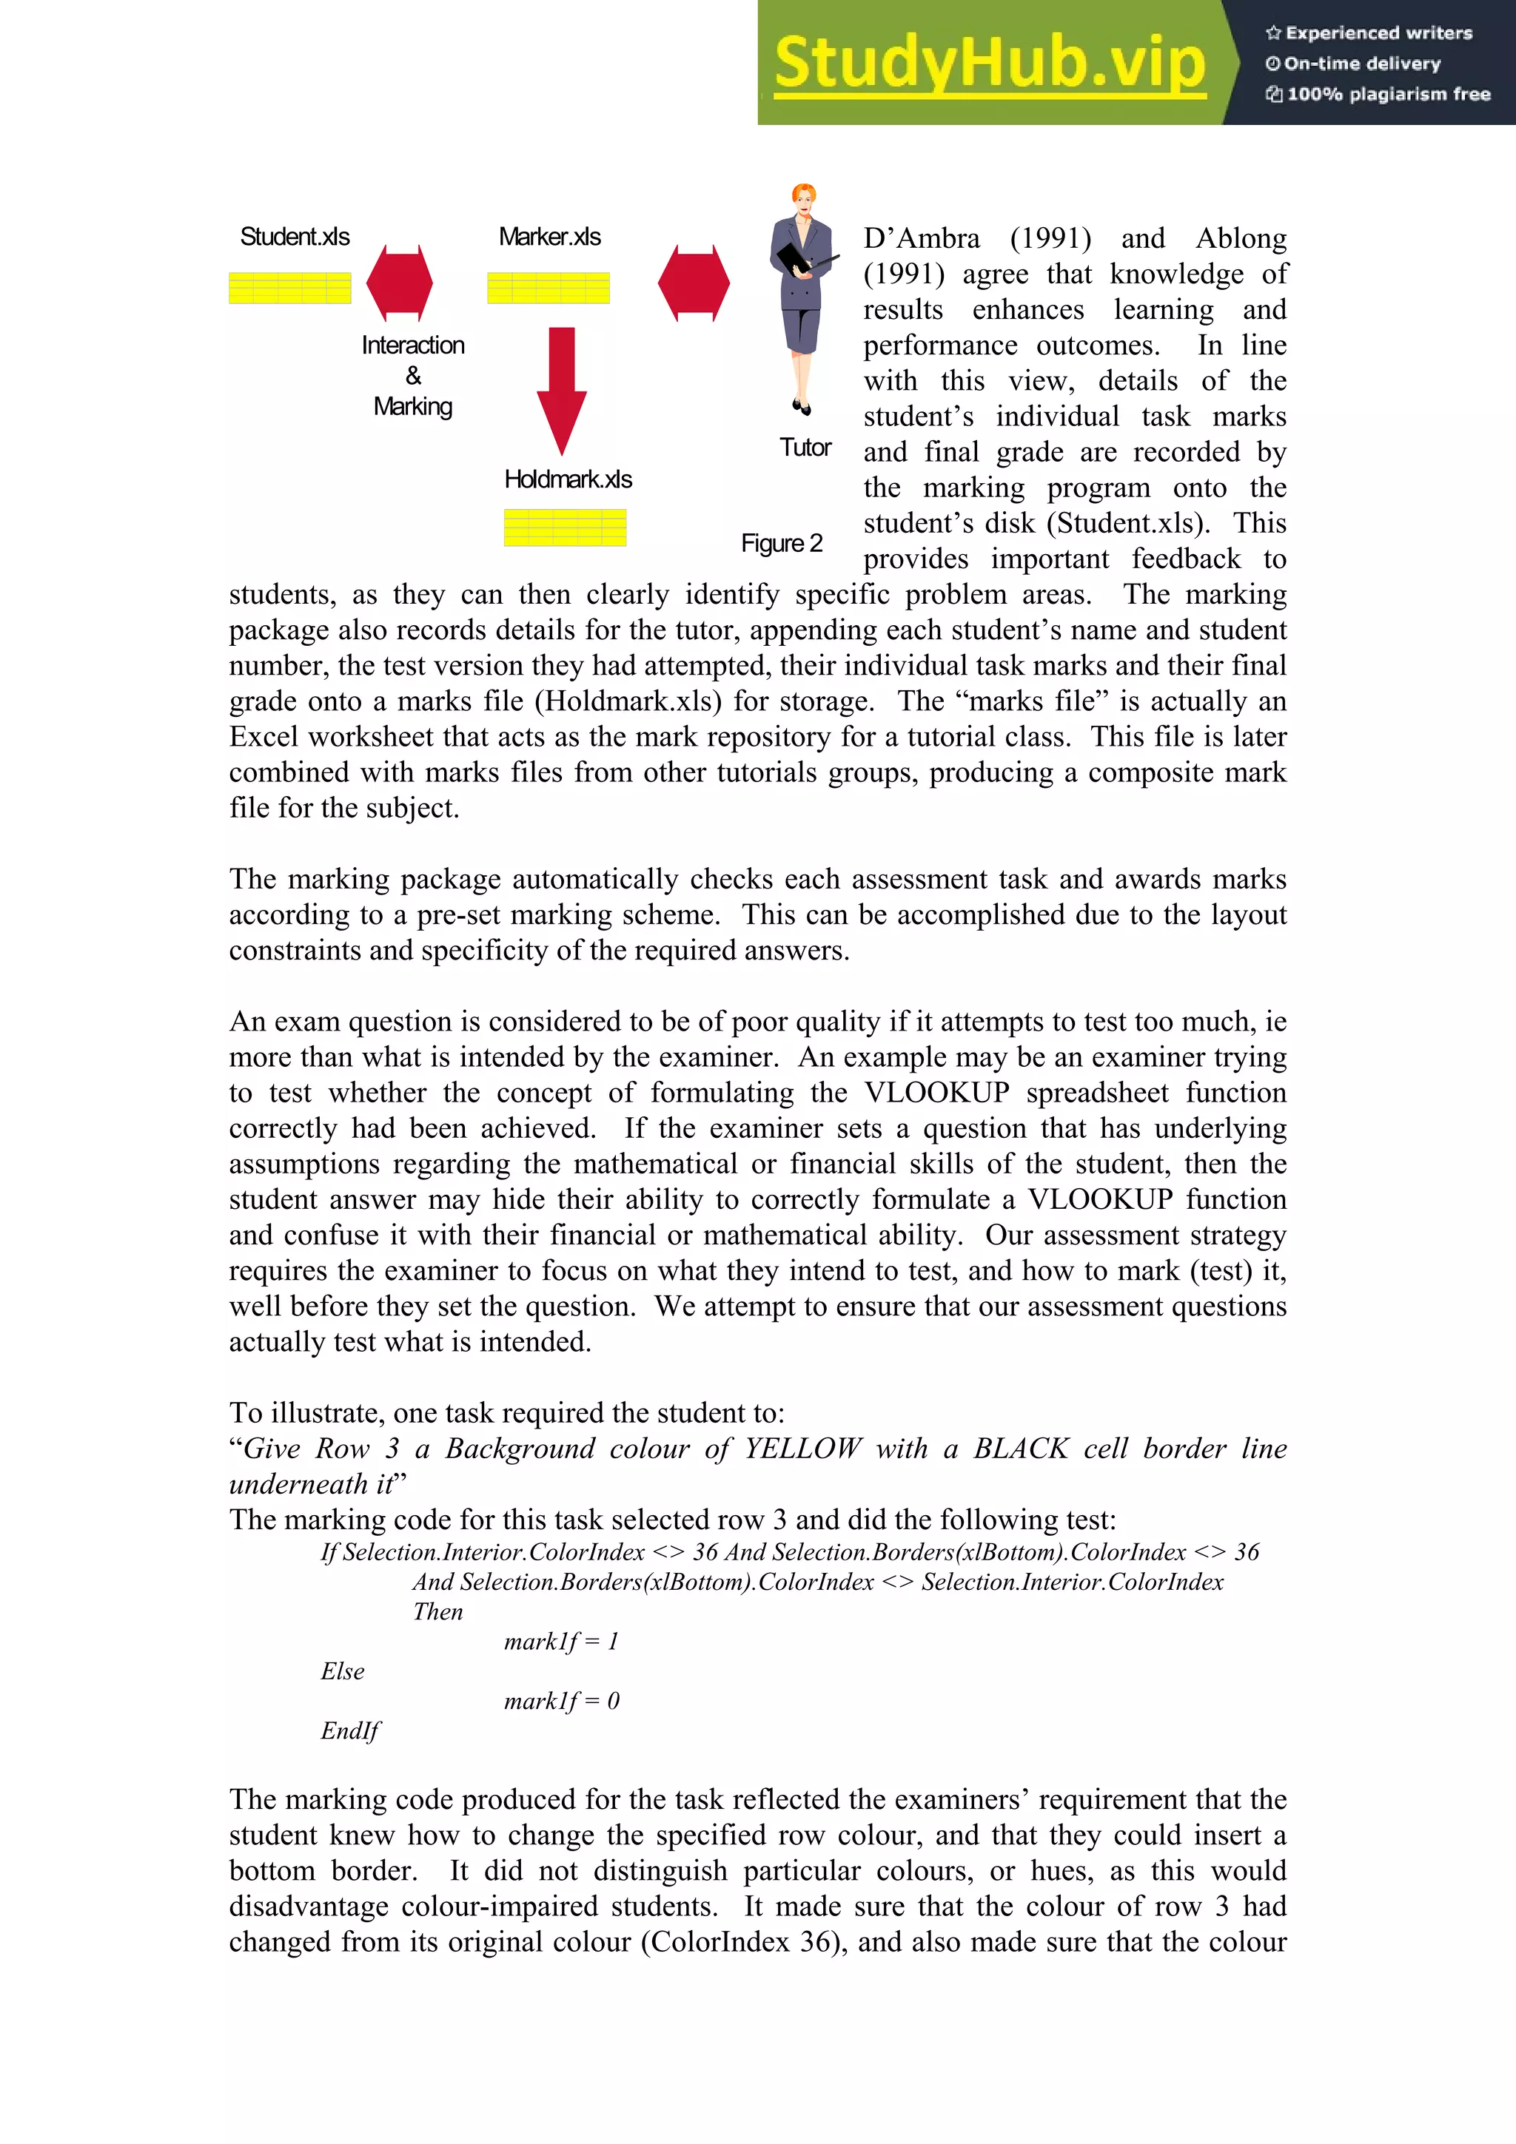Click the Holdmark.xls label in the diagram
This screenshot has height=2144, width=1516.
pyautogui.click(x=568, y=479)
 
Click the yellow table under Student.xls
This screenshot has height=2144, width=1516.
pyautogui.click(x=289, y=288)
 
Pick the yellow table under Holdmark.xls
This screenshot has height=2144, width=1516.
pyautogui.click(x=565, y=527)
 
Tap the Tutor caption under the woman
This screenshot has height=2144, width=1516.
pyautogui.click(x=805, y=448)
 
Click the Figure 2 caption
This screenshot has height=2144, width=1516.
pyautogui.click(x=782, y=544)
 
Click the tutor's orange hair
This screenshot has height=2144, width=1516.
pyautogui.click(x=804, y=195)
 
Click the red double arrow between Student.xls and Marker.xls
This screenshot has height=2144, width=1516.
pyautogui.click(x=400, y=283)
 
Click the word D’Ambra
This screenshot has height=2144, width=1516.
pyautogui.click(x=921, y=239)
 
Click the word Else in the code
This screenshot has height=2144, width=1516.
pyautogui.click(x=343, y=1671)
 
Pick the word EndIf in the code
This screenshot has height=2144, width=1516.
pyautogui.click(x=350, y=1730)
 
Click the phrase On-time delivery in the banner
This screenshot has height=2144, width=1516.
pyautogui.click(x=1362, y=64)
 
